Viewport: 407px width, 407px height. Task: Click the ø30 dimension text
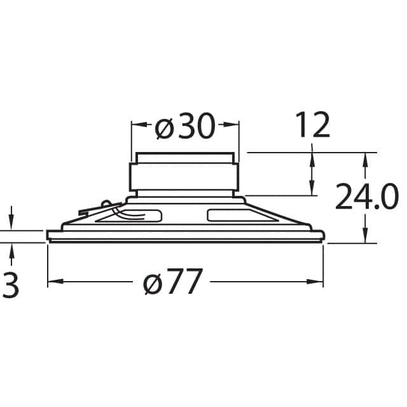click(185, 128)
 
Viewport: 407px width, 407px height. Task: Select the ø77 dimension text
click(173, 282)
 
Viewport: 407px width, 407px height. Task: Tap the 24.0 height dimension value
click(366, 197)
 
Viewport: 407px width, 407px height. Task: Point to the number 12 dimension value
click(312, 125)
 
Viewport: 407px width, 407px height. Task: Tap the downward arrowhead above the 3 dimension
click(11, 224)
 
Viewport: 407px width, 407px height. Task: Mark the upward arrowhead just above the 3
click(11, 249)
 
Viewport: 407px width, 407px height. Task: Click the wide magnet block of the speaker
click(184, 177)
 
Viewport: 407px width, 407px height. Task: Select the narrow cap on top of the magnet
click(184, 157)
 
